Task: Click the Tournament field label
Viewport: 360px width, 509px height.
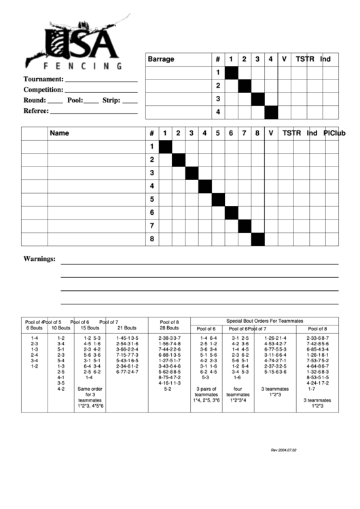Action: (43, 79)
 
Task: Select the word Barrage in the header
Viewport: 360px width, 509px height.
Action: (161, 59)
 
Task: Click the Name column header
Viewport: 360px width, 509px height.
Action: (60, 133)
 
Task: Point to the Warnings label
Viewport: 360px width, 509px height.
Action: (39, 259)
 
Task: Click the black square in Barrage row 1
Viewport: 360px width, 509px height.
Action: (232, 73)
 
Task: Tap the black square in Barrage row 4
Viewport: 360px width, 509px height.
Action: (271, 112)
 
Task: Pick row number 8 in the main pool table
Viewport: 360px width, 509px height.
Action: (152, 239)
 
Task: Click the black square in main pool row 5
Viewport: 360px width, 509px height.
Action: (218, 200)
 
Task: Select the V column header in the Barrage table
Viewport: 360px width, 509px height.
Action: (284, 59)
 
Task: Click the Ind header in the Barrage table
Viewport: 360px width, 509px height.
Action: (325, 59)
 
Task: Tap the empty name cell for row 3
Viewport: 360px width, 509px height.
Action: (95, 173)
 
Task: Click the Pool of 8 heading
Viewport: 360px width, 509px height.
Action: (168, 321)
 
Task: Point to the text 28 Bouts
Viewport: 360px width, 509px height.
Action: (168, 328)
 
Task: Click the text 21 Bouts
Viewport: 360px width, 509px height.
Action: (126, 328)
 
